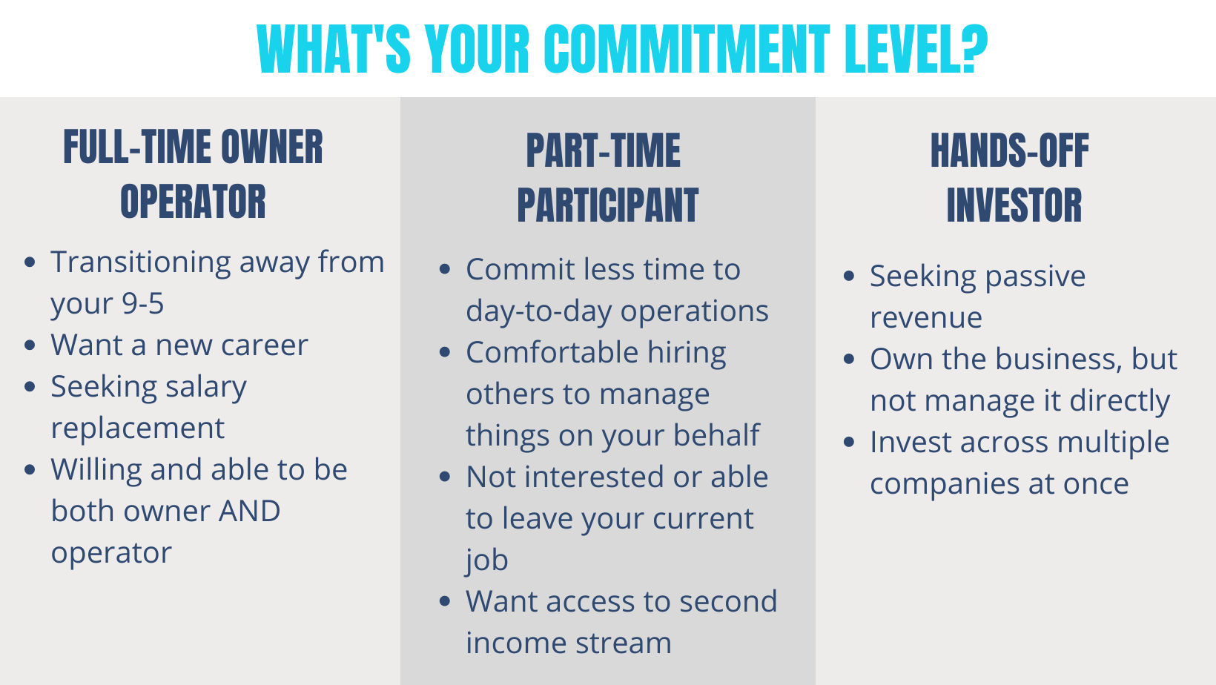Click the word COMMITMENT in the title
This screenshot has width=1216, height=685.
(x=687, y=49)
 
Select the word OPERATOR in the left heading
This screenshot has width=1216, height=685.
(x=194, y=202)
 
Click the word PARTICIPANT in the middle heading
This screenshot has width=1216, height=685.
(x=607, y=205)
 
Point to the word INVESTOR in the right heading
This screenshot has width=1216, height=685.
(x=1014, y=205)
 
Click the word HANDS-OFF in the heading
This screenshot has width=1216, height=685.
(x=1010, y=150)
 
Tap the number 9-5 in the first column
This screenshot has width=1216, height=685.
(x=143, y=303)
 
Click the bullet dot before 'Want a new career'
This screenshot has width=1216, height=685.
(x=30, y=345)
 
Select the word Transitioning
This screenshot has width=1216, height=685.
(x=141, y=263)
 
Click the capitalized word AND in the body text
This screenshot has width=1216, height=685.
(x=249, y=511)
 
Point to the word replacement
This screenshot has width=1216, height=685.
(x=137, y=428)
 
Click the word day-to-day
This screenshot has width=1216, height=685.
(x=538, y=311)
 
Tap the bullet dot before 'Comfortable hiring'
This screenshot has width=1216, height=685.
(x=445, y=352)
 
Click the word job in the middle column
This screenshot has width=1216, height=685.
(x=486, y=560)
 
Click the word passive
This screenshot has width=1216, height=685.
(x=1035, y=277)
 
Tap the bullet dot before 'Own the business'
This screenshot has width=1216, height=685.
(x=850, y=360)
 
